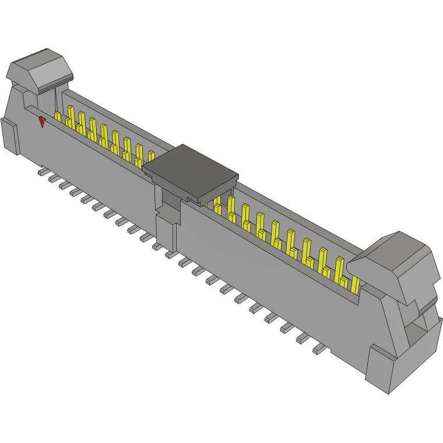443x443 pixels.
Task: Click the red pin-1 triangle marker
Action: point(42,121)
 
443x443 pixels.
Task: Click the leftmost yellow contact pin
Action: point(57,117)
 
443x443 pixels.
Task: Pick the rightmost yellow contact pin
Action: point(355,284)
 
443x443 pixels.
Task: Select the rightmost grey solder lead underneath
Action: point(319,349)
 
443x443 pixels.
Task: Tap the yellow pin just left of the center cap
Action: point(151,157)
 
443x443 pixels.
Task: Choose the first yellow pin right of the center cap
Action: point(217,206)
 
